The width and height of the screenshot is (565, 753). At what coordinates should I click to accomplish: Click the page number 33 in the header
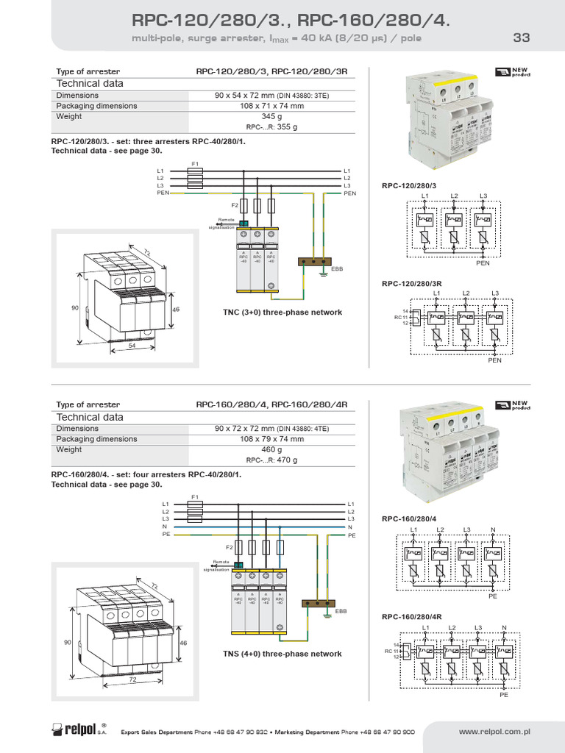click(x=521, y=38)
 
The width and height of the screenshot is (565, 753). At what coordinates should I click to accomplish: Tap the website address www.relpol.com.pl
click(x=494, y=732)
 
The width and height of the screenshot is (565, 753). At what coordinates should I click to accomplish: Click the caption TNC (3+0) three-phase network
click(x=282, y=313)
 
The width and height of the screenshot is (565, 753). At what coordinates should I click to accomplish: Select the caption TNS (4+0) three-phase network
click(x=282, y=654)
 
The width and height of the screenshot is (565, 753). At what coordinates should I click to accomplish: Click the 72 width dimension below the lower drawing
click(x=133, y=680)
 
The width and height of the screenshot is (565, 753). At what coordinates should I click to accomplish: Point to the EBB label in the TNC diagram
click(x=337, y=269)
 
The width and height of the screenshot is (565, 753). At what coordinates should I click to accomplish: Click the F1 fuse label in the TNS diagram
click(x=196, y=498)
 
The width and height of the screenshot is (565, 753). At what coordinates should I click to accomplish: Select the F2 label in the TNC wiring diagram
click(x=235, y=205)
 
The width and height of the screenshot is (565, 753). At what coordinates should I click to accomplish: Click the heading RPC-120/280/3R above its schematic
click(x=411, y=284)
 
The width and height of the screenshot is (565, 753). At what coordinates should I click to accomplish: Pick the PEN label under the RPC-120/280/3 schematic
click(x=483, y=263)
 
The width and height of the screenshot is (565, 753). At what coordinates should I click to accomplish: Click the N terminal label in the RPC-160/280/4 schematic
click(x=494, y=530)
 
